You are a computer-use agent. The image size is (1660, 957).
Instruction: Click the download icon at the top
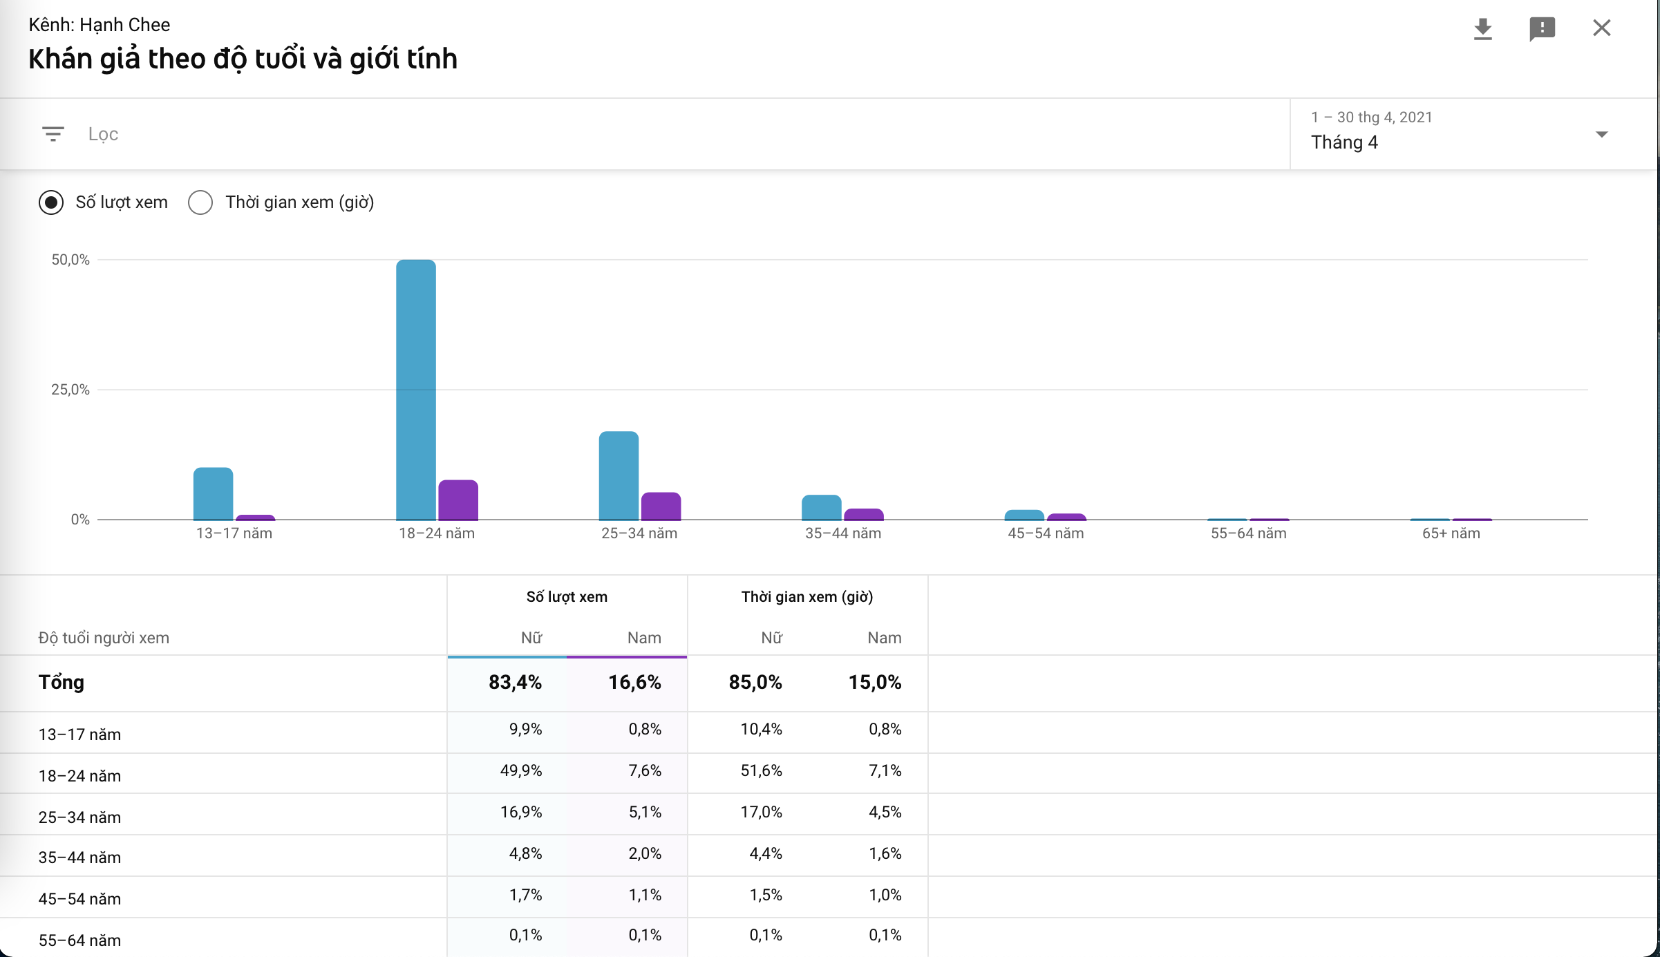point(1482,29)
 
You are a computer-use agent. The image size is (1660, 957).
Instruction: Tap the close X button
point(1601,28)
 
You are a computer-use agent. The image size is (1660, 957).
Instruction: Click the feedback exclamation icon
point(1542,29)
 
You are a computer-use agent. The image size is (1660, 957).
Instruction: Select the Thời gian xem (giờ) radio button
point(200,202)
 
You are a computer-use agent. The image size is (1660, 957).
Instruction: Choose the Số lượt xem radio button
point(51,202)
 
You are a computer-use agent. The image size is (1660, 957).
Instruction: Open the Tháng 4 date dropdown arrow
point(1601,134)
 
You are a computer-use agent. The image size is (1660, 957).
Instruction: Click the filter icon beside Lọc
point(53,134)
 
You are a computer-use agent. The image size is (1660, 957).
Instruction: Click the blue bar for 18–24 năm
point(416,390)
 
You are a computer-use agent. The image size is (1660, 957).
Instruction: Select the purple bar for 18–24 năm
point(458,500)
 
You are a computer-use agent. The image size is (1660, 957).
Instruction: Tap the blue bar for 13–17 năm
point(213,493)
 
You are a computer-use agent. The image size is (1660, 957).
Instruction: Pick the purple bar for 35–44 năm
point(864,515)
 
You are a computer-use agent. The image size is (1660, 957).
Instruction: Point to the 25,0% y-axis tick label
point(70,390)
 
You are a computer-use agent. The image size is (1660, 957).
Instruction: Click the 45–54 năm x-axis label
point(1046,533)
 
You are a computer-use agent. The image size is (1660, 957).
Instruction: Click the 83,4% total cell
point(515,683)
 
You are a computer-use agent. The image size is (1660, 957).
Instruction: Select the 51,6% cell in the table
point(761,770)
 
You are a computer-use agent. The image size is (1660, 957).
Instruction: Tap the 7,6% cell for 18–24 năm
point(645,770)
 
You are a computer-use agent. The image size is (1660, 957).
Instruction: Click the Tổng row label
point(62,683)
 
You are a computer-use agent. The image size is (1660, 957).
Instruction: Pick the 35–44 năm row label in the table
point(79,857)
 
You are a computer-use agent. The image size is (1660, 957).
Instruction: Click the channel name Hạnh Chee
point(124,25)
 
